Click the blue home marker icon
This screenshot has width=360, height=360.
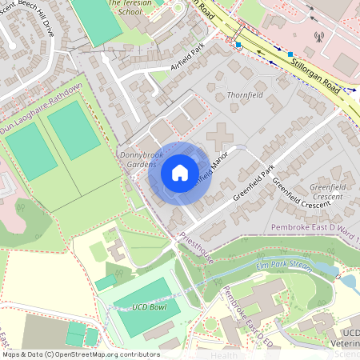(x=180, y=173)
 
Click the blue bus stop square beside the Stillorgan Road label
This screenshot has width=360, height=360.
(x=290, y=54)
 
